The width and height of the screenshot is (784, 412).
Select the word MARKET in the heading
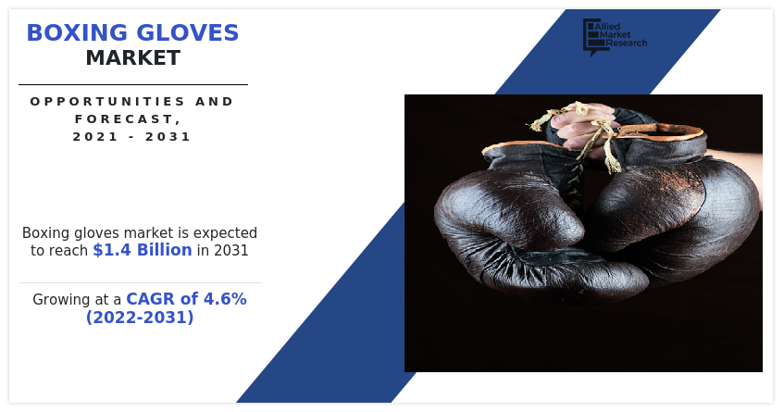click(x=132, y=58)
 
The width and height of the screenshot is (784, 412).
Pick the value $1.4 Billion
click(x=143, y=250)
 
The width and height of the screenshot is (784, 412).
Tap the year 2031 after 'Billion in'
click(x=230, y=250)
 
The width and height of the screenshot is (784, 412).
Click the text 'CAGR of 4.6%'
click(x=186, y=299)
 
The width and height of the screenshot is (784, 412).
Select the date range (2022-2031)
click(x=140, y=318)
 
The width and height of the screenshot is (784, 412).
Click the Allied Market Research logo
click(x=614, y=35)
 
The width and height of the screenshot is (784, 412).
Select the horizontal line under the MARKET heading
click(x=132, y=84)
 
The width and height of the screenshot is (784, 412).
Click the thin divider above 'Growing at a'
click(x=140, y=282)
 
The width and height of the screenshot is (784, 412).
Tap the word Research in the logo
click(x=628, y=44)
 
